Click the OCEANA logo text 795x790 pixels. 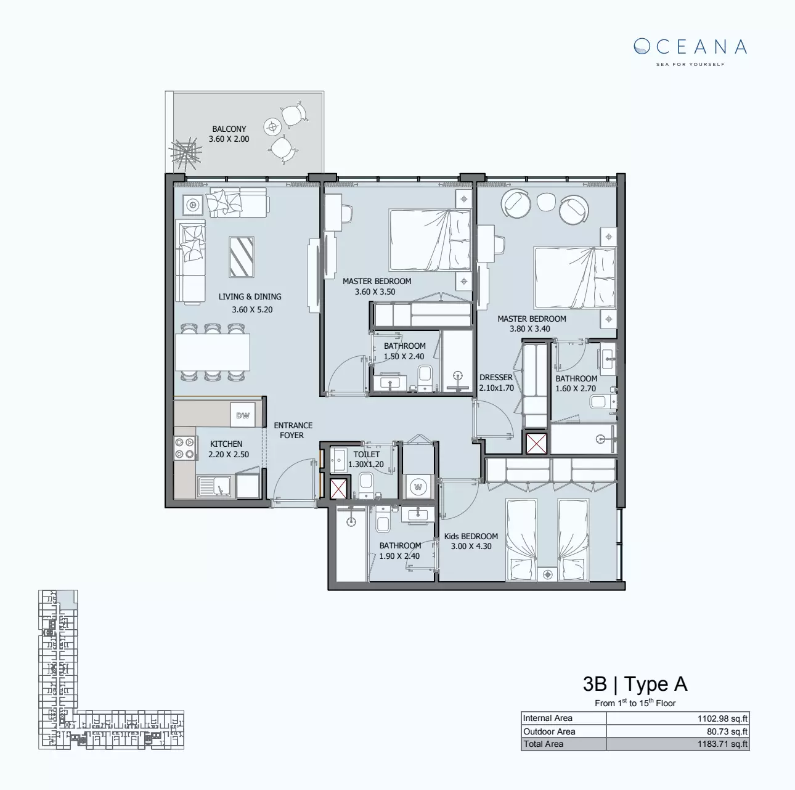[690, 47]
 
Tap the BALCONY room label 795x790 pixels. [229, 129]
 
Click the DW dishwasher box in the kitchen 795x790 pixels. [243, 415]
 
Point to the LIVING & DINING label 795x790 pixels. [250, 296]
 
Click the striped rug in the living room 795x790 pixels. [242, 256]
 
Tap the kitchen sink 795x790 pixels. [214, 487]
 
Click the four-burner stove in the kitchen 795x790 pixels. [185, 448]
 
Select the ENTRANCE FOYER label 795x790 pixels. [293, 430]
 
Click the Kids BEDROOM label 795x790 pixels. [471, 536]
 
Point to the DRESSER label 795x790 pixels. [495, 378]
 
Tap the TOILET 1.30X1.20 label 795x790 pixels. [366, 459]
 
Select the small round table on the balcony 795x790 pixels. [272, 128]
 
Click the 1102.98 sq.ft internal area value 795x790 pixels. [722, 719]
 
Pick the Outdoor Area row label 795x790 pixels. [549, 731]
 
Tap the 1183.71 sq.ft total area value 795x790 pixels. [722, 744]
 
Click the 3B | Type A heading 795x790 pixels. [635, 684]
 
